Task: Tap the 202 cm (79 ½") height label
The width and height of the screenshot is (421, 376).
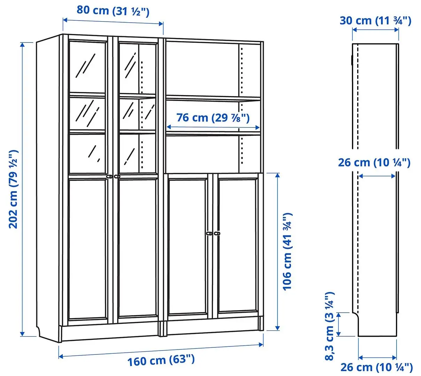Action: click(x=13, y=189)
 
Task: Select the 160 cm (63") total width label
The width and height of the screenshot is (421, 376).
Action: click(x=161, y=360)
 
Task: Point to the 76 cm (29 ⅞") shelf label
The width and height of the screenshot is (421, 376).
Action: click(x=213, y=118)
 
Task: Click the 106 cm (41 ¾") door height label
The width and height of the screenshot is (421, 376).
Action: click(x=286, y=251)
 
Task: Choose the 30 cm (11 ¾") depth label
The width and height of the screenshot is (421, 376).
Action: click(x=375, y=21)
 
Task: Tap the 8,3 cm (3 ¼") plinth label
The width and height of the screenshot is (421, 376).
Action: click(x=329, y=326)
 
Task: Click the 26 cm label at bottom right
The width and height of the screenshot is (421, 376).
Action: click(x=376, y=367)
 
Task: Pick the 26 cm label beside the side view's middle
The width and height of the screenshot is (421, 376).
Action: click(x=374, y=162)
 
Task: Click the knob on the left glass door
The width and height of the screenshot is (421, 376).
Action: click(x=109, y=177)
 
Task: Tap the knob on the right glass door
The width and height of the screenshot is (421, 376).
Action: click(x=117, y=177)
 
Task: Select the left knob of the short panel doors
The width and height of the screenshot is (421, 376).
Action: click(x=209, y=234)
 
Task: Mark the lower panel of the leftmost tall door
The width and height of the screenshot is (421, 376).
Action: click(x=88, y=248)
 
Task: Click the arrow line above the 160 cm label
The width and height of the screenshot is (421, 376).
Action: click(x=161, y=350)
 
